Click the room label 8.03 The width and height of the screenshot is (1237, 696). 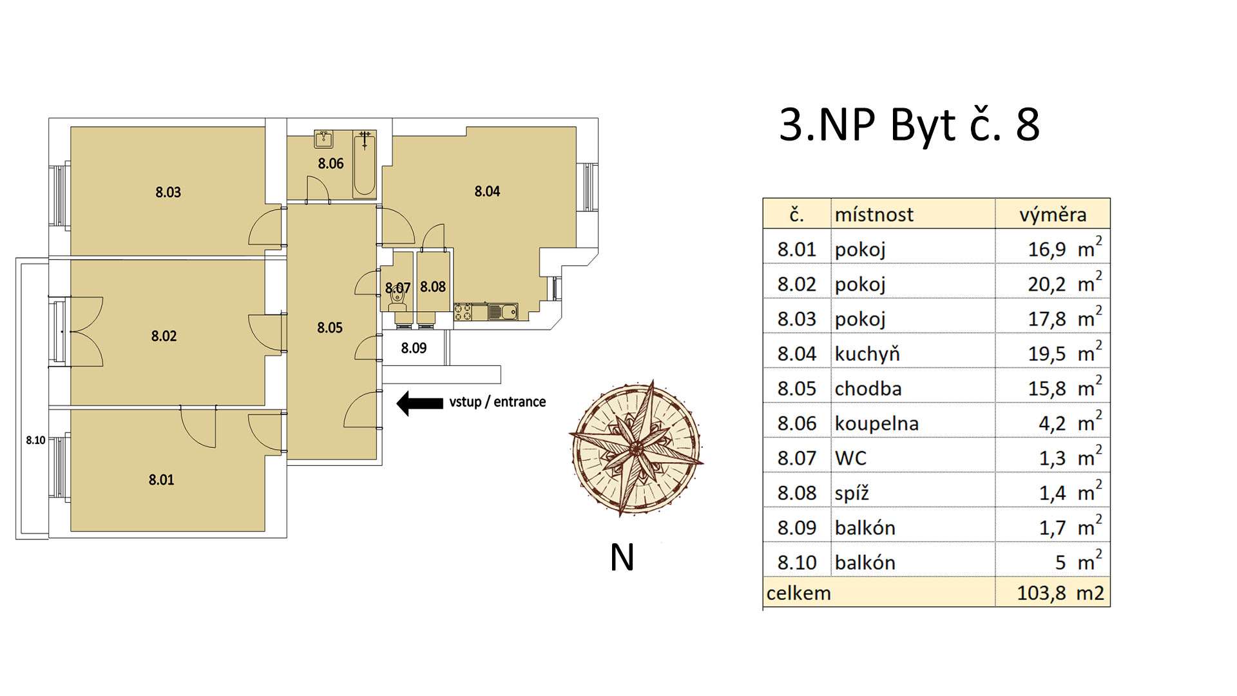(168, 192)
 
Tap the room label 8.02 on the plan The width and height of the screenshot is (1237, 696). (164, 336)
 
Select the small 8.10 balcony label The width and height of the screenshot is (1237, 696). (35, 441)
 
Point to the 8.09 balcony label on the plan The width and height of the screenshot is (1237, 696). (414, 349)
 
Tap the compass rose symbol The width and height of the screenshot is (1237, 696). (635, 448)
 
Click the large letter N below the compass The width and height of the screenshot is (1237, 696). (622, 558)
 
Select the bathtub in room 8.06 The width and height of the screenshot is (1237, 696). (364, 164)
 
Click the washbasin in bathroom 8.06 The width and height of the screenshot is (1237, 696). (323, 139)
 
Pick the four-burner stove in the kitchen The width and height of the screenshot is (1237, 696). (463, 312)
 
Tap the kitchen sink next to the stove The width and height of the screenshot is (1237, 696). (503, 312)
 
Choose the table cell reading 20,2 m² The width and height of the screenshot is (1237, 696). (1064, 284)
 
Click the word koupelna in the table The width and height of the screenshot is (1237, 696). (876, 423)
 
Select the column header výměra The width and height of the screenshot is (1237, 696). (1052, 215)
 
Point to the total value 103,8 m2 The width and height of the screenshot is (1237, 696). (1060, 593)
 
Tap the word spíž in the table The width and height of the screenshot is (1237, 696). (852, 493)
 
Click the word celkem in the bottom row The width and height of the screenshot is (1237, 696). (798, 593)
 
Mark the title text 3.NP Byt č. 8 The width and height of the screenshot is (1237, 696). (909, 125)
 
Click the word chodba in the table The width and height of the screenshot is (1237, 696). (868, 389)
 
